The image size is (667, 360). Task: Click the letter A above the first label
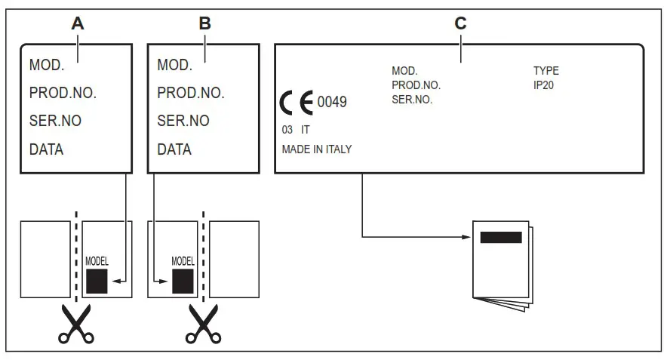(x=77, y=23)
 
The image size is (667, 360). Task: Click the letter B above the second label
(x=204, y=23)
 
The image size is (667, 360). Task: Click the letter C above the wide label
(x=460, y=23)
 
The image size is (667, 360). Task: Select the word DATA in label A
(x=46, y=149)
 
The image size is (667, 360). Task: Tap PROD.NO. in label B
(x=191, y=94)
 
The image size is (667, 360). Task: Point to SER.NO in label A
(x=55, y=121)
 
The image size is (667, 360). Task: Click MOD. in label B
(x=174, y=65)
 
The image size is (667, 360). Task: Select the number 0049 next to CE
(x=332, y=102)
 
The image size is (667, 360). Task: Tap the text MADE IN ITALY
(x=317, y=149)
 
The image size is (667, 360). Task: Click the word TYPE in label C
(x=546, y=71)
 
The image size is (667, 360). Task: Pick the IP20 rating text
(x=544, y=85)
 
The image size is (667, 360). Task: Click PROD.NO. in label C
(x=416, y=85)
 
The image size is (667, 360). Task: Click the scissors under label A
(x=76, y=323)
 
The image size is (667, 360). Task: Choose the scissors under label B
(x=202, y=323)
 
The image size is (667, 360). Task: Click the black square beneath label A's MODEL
(x=97, y=281)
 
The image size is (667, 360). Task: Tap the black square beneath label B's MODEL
(x=183, y=281)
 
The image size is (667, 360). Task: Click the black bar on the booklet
(x=501, y=238)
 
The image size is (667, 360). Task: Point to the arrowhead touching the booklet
(x=467, y=237)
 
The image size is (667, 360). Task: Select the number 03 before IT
(x=287, y=130)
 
